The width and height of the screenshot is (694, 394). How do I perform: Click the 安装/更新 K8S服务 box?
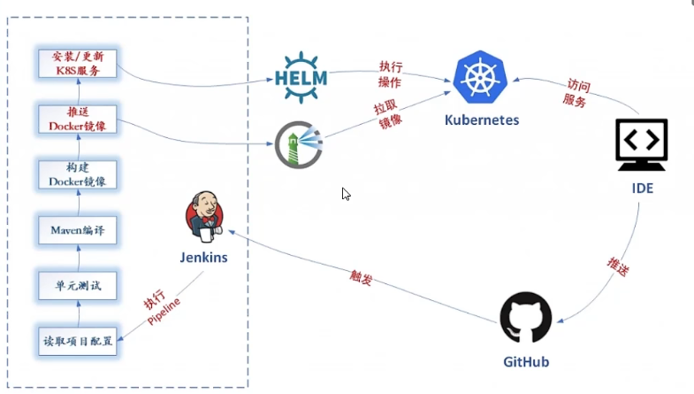pos(78,63)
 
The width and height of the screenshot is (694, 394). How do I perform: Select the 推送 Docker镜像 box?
pos(78,119)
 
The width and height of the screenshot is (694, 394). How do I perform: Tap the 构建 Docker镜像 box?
pos(78,174)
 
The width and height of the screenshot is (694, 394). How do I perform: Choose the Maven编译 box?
pos(78,230)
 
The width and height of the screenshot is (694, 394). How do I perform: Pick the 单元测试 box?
pos(78,286)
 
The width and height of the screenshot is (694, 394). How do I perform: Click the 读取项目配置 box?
pos(78,341)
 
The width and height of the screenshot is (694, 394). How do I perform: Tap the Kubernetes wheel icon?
pos(481,77)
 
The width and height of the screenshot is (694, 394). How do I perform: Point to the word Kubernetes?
pos(482,120)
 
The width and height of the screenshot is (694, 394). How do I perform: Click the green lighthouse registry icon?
pos(298,144)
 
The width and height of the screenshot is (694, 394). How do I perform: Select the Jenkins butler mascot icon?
pos(204,218)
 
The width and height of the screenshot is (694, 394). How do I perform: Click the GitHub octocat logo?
pos(526,317)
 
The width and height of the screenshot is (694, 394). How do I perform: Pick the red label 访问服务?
pos(576,93)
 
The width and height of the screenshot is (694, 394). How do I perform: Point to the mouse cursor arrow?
pos(346,193)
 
